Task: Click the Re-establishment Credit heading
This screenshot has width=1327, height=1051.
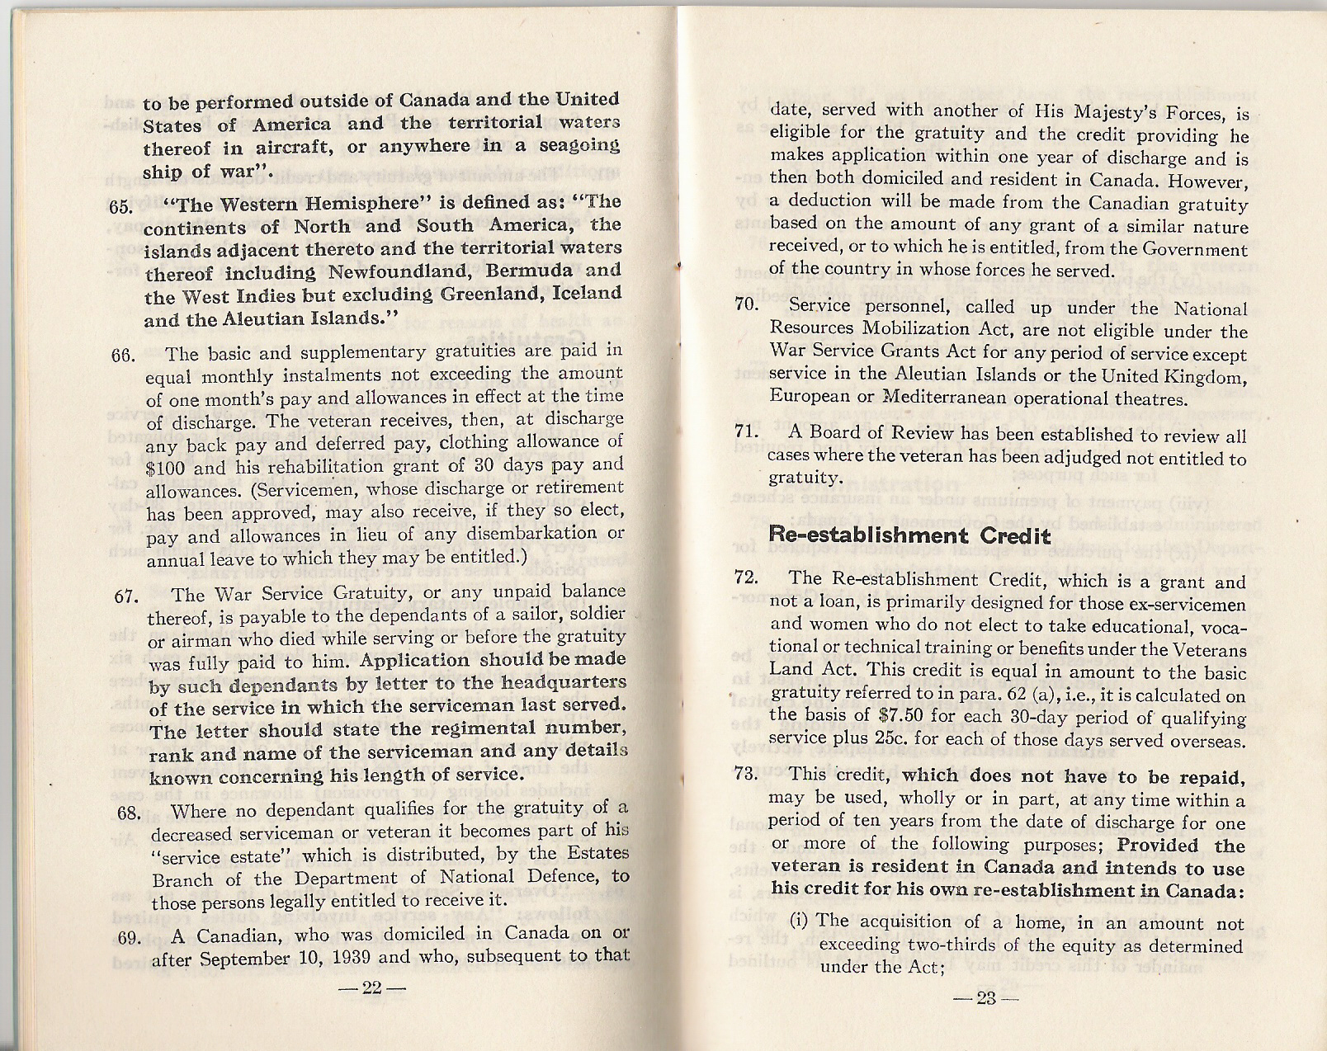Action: point(909,535)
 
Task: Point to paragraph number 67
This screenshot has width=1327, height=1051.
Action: point(126,596)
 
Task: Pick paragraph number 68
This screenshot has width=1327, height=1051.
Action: point(128,813)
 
